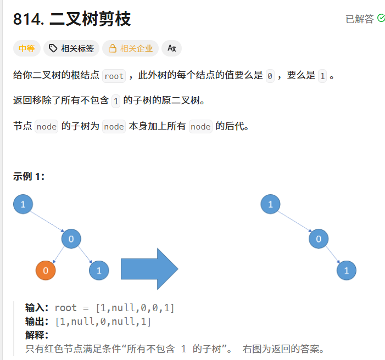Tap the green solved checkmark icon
click(x=381, y=18)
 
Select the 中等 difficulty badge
click(x=26, y=48)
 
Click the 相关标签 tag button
click(x=71, y=48)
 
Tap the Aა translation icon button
click(x=171, y=48)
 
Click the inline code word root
click(x=114, y=76)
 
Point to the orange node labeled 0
click(x=46, y=271)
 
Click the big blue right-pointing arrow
click(x=149, y=269)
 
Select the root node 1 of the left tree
click(x=23, y=205)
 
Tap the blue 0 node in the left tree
click(x=71, y=239)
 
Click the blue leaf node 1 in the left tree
click(x=99, y=271)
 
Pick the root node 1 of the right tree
click(x=270, y=205)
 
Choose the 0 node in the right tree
click(x=319, y=239)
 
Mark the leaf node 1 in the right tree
click(x=347, y=271)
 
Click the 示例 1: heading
click(x=29, y=176)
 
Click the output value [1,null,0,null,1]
click(x=103, y=322)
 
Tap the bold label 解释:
click(x=37, y=335)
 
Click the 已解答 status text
click(x=359, y=19)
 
